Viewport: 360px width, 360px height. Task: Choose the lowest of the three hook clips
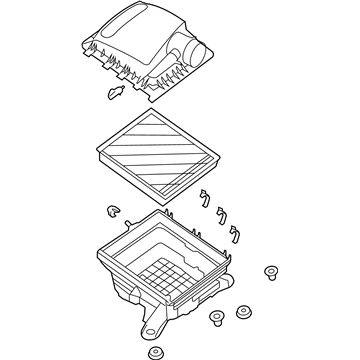[236, 233]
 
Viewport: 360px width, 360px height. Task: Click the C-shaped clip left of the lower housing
[110, 212]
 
